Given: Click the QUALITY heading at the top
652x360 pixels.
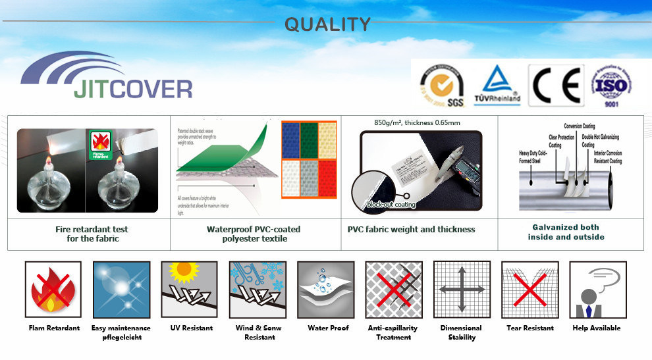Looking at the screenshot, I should (327, 24).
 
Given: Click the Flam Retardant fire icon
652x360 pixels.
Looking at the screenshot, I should (53, 290).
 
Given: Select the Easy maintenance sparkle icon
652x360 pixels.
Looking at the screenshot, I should (121, 290).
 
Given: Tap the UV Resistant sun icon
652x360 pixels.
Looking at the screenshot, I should (189, 290).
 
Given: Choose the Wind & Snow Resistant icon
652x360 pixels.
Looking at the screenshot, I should (257, 290).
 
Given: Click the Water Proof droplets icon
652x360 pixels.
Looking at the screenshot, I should (325, 290).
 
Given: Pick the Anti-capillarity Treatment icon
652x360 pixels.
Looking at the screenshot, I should (393, 290).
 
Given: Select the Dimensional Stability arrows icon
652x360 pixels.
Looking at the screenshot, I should (462, 290).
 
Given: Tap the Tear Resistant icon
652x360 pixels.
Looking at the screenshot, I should (530, 290).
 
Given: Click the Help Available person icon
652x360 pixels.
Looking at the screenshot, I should (597, 290).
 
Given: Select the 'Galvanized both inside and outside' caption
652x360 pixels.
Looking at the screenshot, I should (566, 232).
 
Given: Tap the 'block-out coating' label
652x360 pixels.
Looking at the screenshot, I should (391, 205).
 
